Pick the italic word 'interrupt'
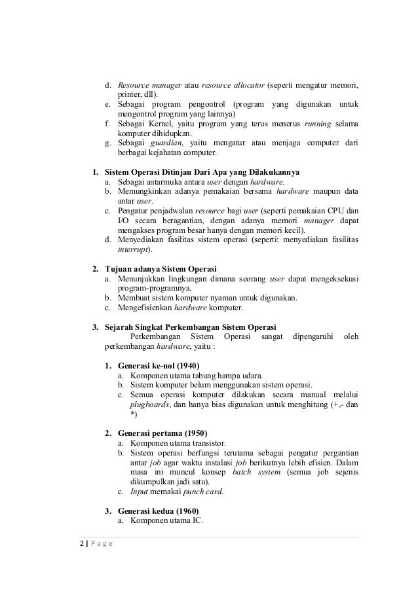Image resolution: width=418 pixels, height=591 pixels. pos(134,249)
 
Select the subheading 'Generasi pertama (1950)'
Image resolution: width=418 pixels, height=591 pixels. pos(162,433)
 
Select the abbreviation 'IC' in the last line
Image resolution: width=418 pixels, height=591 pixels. pos(198,521)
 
